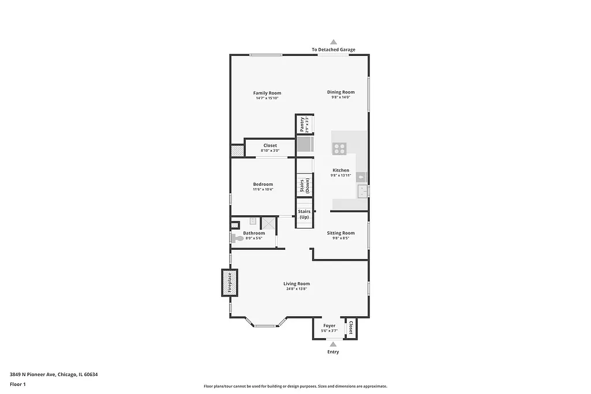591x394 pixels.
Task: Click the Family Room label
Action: [x=267, y=93]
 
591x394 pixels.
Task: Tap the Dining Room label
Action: [x=341, y=92]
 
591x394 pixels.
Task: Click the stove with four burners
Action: [x=339, y=148]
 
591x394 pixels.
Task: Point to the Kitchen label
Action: [x=341, y=170]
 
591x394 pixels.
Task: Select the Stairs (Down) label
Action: [x=304, y=186]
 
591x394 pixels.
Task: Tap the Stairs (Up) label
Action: [x=304, y=215]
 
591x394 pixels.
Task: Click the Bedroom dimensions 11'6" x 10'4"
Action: [x=263, y=189]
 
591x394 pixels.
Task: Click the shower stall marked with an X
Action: [x=268, y=223]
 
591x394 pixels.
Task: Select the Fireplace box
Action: [x=229, y=283]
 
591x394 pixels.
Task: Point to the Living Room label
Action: [x=297, y=283]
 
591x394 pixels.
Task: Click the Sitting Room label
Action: [x=341, y=233]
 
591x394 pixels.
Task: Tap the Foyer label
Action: [x=329, y=326]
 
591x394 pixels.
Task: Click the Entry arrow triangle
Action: [x=333, y=344]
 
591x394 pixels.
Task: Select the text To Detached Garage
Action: [x=334, y=50]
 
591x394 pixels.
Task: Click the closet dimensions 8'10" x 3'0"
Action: [x=270, y=151]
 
